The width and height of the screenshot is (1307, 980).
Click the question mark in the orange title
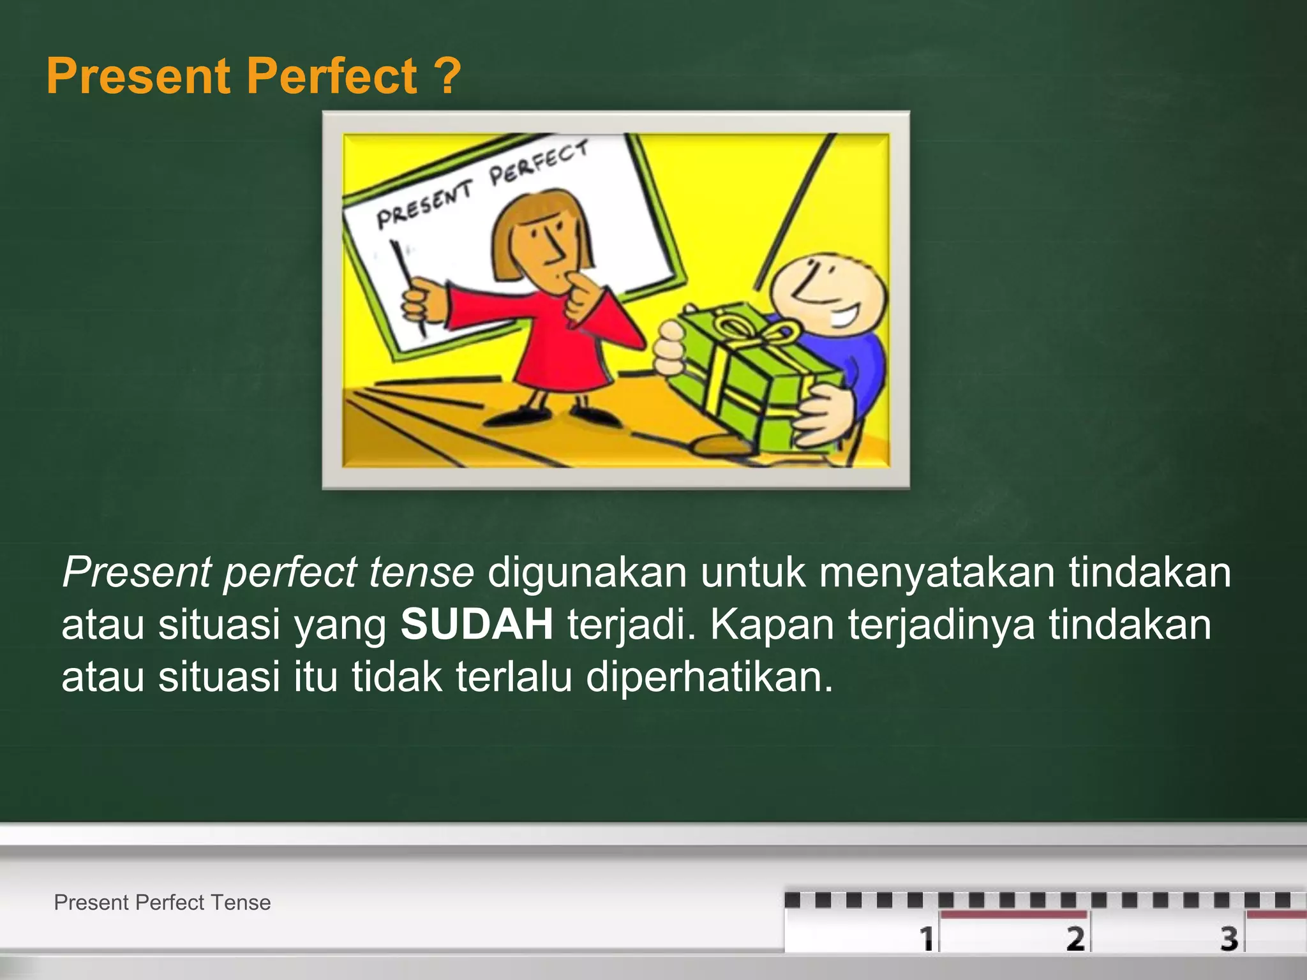[x=450, y=76]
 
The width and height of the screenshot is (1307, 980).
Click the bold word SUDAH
[x=477, y=624]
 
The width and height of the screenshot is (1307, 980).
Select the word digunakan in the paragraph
[x=587, y=572]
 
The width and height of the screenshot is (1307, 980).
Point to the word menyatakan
[x=936, y=572]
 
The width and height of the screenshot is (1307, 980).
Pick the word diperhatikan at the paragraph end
[x=710, y=676]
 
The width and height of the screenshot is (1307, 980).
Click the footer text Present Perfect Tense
[x=162, y=902]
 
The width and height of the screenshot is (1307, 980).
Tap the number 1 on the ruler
[x=926, y=938]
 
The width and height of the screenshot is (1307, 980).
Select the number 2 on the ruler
[x=1075, y=938]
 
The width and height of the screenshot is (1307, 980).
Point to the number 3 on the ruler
[x=1229, y=938]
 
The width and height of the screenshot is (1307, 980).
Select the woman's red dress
[x=562, y=345]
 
